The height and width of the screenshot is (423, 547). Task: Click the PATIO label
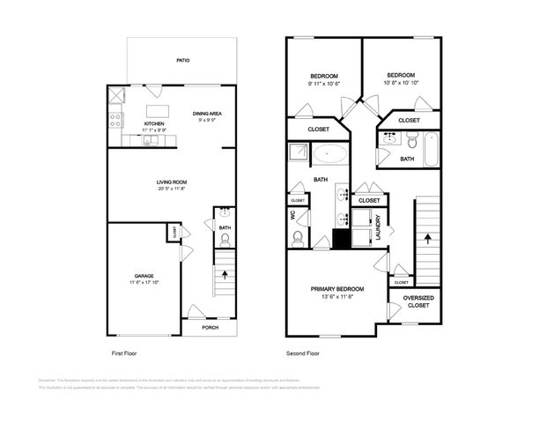pyautogui.click(x=183, y=61)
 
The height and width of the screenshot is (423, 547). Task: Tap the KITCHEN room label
pyautogui.click(x=154, y=123)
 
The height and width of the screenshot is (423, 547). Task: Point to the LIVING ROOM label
pyautogui.click(x=172, y=182)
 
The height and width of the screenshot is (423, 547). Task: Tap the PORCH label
pyautogui.click(x=210, y=327)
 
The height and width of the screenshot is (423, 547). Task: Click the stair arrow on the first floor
pyautogui.click(x=225, y=274)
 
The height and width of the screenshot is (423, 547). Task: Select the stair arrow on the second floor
pyautogui.click(x=428, y=238)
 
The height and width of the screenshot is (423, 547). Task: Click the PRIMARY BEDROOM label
pyautogui.click(x=336, y=289)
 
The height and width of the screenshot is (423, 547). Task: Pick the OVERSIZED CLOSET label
pyautogui.click(x=417, y=301)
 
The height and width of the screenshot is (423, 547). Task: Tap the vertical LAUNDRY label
pyautogui.click(x=377, y=231)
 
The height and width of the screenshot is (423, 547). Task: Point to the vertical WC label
pyautogui.click(x=292, y=214)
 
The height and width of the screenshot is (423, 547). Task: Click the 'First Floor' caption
pyautogui.click(x=126, y=352)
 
